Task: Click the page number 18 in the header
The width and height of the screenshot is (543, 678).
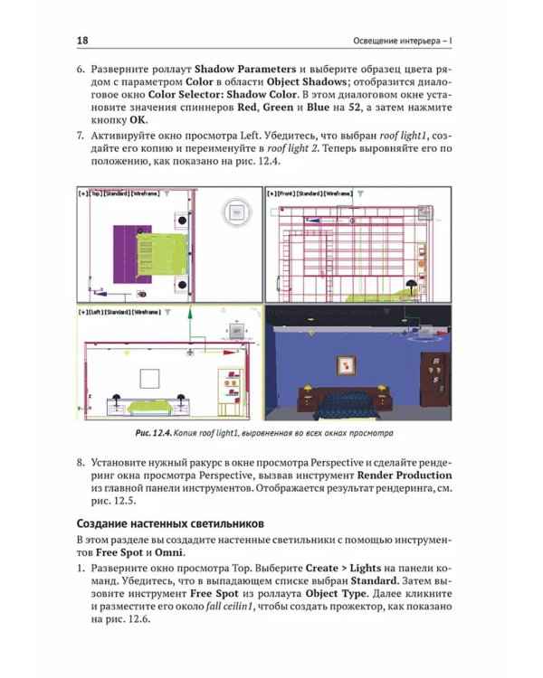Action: click(82, 41)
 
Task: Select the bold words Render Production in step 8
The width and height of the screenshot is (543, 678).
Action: click(404, 475)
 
